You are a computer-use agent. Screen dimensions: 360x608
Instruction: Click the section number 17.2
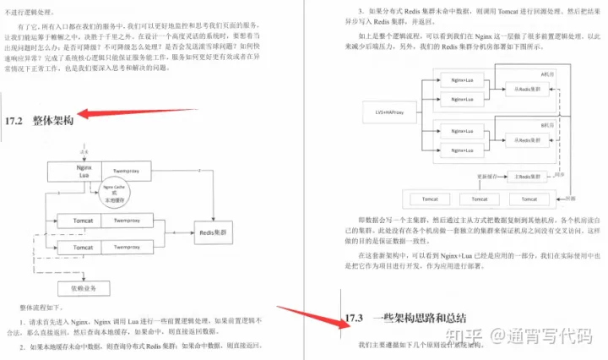(x=18, y=119)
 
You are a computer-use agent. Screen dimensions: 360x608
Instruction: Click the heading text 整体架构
(x=53, y=119)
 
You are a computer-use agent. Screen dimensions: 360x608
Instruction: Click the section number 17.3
(x=353, y=319)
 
